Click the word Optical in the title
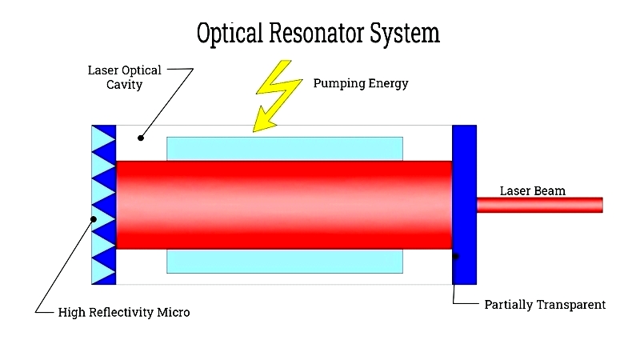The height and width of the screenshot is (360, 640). coord(230,33)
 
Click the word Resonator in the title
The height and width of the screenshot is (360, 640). coord(316,33)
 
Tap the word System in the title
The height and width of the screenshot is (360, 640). coord(405,34)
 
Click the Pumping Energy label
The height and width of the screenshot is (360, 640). coord(361,83)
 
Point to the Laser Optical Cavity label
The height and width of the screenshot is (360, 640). coord(125,77)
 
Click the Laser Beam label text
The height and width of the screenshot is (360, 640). coord(533,190)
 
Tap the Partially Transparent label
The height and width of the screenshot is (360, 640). coord(545,305)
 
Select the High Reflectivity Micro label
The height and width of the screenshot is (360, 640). coord(124,312)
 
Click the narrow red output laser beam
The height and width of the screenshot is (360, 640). coord(539,205)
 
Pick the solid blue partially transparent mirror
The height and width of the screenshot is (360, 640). coord(465,205)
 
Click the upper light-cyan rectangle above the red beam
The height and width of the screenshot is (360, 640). coord(285,149)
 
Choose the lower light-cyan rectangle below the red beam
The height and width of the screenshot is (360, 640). coord(285,262)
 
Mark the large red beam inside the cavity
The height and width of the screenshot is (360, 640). coord(284,205)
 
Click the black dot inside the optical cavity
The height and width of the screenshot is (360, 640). coord(141,138)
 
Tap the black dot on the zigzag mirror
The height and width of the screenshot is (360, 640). coord(94,219)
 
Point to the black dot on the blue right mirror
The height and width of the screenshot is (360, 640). coord(456,256)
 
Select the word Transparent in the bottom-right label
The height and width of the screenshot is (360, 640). coord(571,305)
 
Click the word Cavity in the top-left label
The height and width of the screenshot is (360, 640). coord(125,85)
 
